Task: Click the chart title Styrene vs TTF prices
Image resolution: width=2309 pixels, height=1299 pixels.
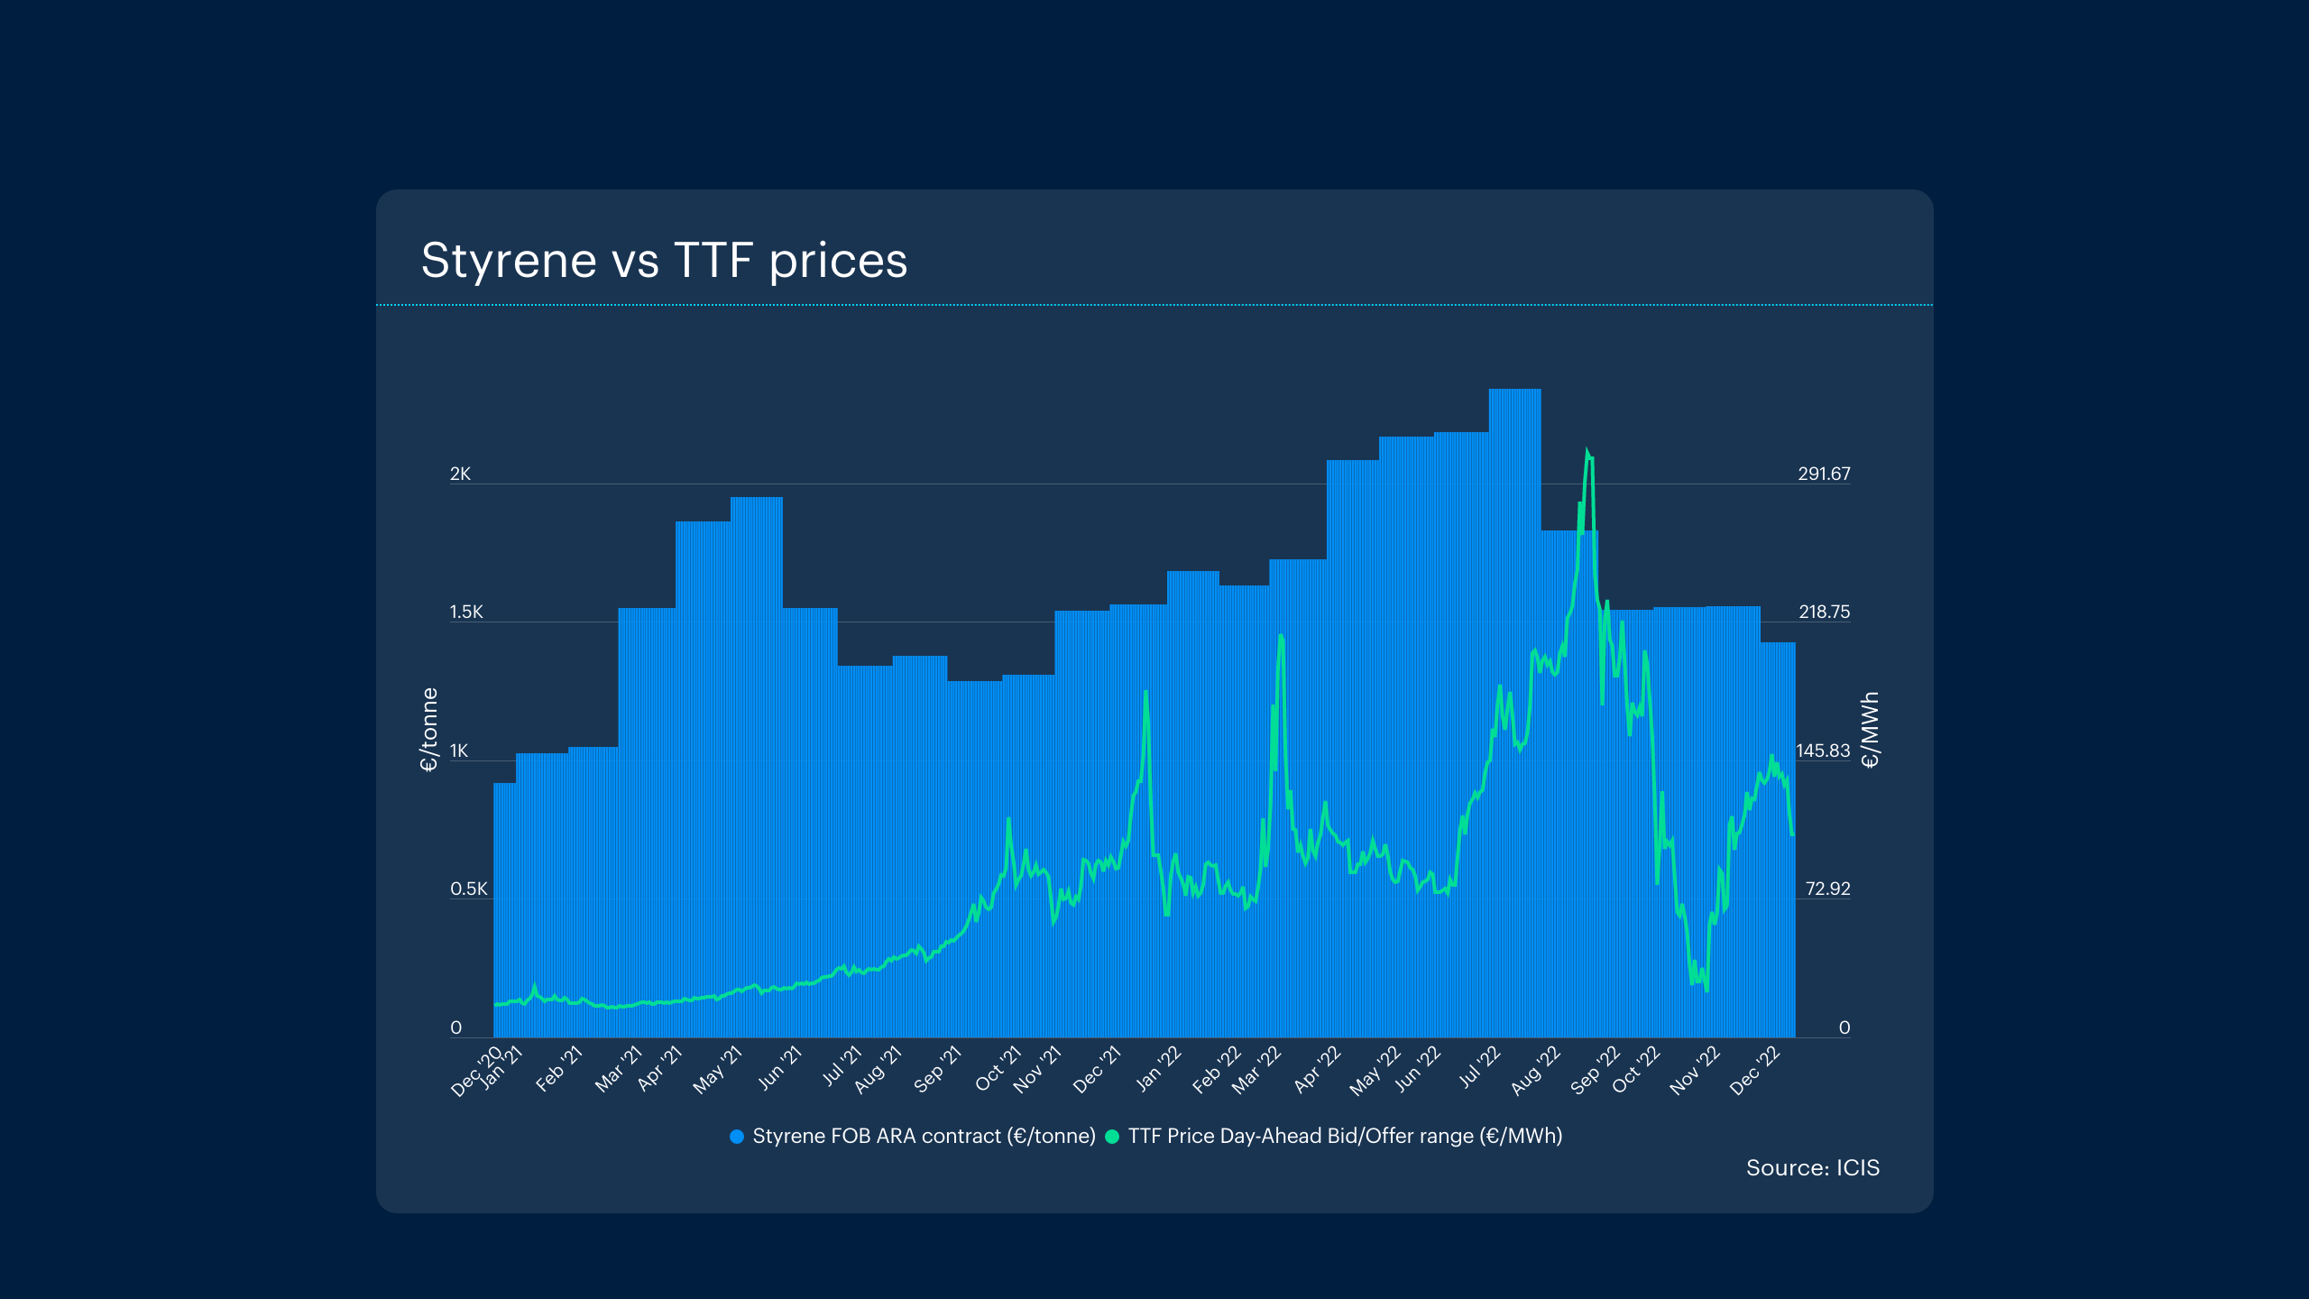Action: pos(664,261)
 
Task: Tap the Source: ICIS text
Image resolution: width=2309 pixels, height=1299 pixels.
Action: pos(1812,1168)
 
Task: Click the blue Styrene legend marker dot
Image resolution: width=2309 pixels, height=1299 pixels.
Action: pos(737,1137)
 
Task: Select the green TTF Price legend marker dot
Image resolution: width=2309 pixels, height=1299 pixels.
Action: pos(1112,1137)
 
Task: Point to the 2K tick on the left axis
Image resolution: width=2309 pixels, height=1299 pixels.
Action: pos(460,474)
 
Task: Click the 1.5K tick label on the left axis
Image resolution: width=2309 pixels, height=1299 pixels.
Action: pos(466,613)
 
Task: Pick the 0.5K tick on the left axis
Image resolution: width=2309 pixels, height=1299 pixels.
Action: pos(468,889)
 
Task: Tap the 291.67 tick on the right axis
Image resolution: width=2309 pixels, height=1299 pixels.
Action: pos(1823,474)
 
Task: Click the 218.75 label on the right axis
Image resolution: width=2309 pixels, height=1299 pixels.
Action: pos(1824,613)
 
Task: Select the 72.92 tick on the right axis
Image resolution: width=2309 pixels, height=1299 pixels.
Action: pos(1827,889)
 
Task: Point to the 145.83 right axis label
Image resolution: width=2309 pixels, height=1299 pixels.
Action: pos(1822,751)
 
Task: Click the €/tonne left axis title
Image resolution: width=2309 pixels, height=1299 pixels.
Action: pos(429,729)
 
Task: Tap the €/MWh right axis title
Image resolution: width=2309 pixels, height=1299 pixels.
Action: pos(1871,729)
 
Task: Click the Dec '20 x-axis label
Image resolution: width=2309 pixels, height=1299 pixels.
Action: pos(476,1072)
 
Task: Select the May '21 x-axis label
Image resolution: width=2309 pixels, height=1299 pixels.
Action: pos(717,1070)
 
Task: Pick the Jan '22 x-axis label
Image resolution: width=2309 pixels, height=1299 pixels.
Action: pos(1158,1069)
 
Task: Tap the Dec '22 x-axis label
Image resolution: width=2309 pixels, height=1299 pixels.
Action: pos(1754,1071)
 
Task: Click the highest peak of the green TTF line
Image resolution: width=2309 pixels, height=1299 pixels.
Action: pos(1587,450)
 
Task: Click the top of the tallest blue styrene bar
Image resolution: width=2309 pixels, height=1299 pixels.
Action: pos(1514,390)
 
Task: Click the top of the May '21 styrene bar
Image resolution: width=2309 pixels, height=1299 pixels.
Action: pos(756,498)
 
